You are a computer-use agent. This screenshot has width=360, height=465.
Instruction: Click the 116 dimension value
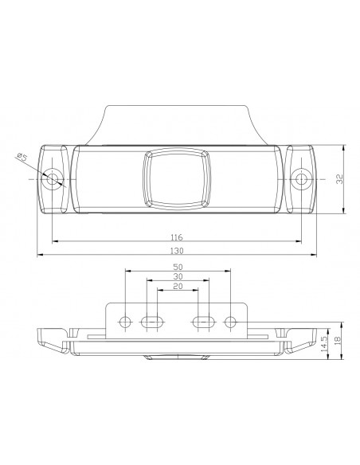point(177,237)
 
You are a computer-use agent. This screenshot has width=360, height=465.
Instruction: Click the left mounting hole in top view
point(53,178)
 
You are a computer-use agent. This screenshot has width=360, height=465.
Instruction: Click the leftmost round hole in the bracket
point(124,322)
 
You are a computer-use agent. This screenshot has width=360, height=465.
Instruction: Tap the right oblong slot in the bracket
point(203,322)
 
